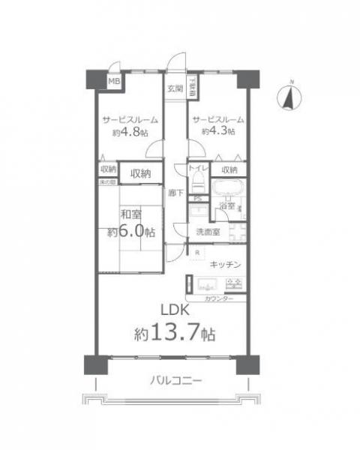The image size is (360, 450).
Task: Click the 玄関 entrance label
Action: pyautogui.click(x=174, y=87)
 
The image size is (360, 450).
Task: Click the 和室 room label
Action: pyautogui.click(x=120, y=214)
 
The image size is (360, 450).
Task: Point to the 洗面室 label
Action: pyautogui.click(x=207, y=232)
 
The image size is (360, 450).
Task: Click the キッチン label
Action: pyautogui.click(x=225, y=264)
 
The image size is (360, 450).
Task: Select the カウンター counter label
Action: pyautogui.click(x=218, y=299)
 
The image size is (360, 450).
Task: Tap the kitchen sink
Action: pyautogui.click(x=233, y=284)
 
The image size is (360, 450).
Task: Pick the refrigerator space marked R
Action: pyautogui.click(x=196, y=253)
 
